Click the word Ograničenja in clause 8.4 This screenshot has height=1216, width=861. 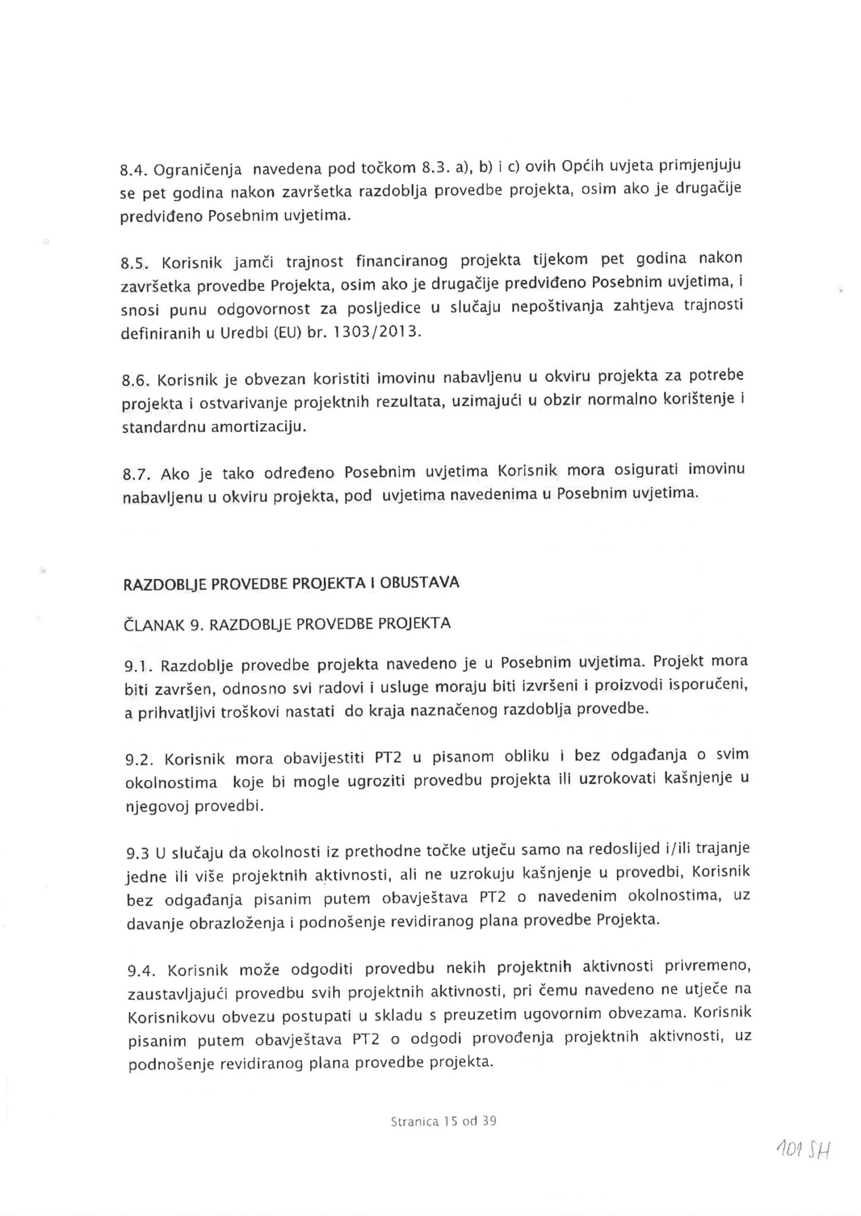click(198, 171)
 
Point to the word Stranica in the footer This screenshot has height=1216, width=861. click(415, 1122)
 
